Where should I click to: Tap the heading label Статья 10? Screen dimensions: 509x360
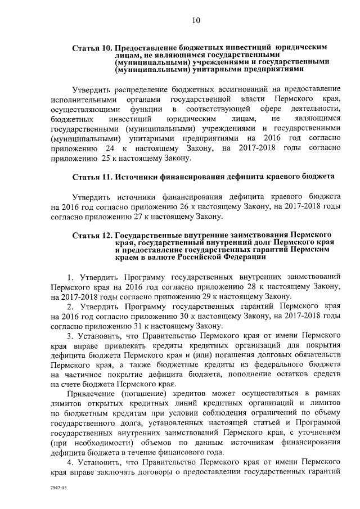point(92,48)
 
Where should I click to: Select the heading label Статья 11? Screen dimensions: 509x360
point(92,177)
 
